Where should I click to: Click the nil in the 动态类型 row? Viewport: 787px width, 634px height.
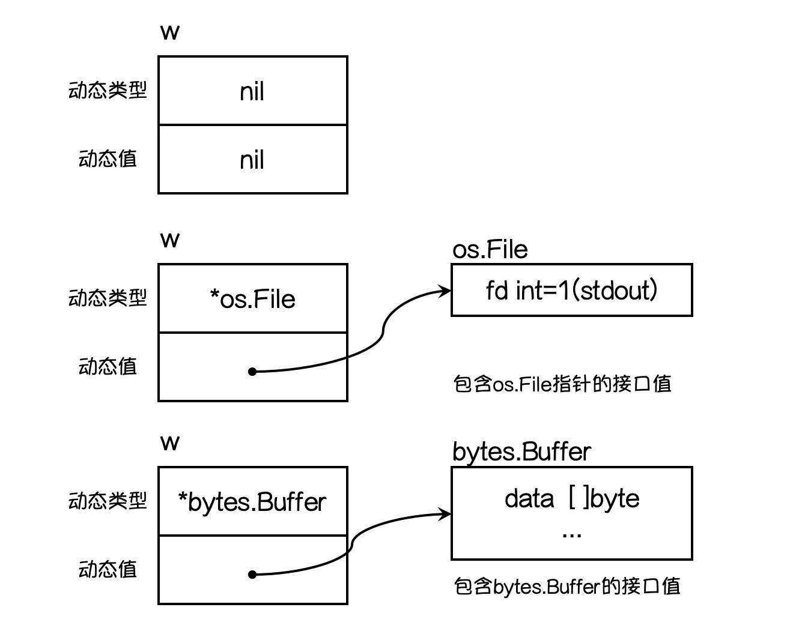tap(252, 92)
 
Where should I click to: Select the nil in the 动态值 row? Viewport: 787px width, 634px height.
tap(252, 160)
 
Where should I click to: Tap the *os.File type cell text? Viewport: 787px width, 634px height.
tap(252, 299)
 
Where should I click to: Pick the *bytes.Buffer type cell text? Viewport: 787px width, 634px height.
tap(252, 502)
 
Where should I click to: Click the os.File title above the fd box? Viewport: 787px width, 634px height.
tap(490, 249)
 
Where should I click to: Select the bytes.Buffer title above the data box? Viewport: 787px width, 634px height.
tap(521, 451)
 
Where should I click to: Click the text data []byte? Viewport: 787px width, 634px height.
tap(572, 498)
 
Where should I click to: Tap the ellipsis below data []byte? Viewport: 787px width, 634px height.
tap(571, 534)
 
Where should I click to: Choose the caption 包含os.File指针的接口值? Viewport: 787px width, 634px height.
tap(562, 384)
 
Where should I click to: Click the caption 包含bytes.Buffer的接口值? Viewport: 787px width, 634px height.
tap(567, 586)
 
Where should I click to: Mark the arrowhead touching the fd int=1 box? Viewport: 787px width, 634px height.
tap(446, 291)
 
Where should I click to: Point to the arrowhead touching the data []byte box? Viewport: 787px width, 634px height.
tap(446, 513)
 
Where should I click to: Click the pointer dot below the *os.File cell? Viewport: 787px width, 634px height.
tap(252, 372)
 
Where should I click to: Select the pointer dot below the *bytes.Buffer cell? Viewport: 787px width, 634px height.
tap(252, 575)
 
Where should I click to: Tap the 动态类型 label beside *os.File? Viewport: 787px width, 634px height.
tap(108, 298)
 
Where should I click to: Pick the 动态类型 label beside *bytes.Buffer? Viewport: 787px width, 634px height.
tap(108, 501)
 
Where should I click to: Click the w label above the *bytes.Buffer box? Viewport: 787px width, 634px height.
tap(170, 443)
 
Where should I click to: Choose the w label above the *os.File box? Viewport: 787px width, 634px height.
tap(170, 240)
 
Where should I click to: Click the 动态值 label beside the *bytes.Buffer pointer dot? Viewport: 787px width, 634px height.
tap(108, 569)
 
